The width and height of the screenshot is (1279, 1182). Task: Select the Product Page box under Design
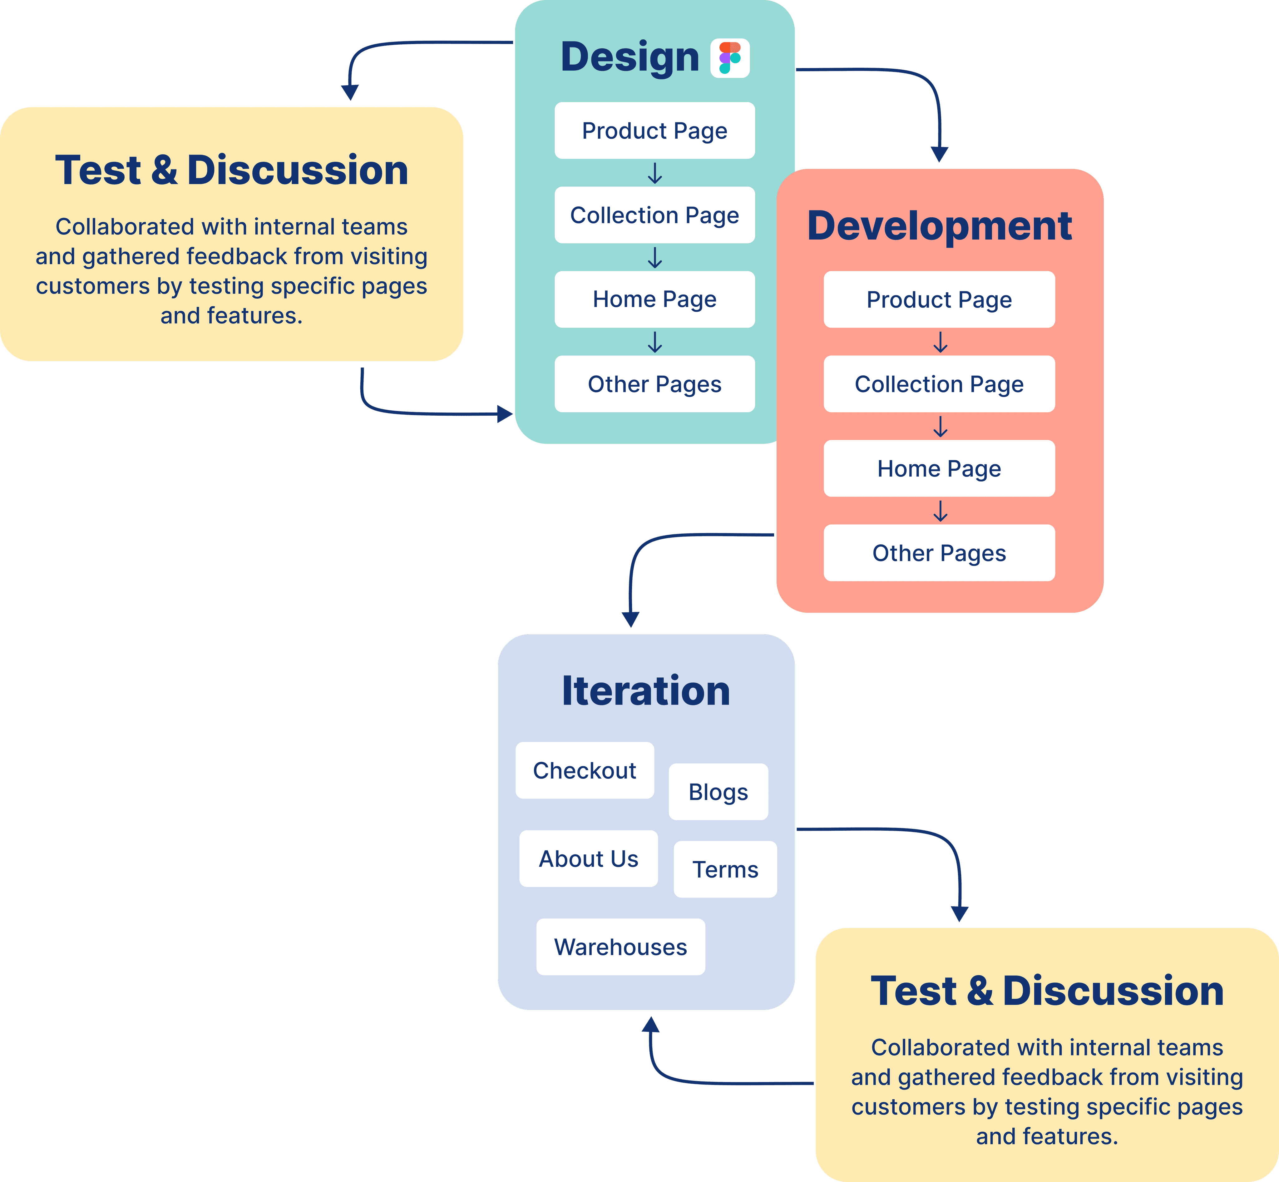(x=654, y=131)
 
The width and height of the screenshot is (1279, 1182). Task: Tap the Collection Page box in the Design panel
(x=654, y=215)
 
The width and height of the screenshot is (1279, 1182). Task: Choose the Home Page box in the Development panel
(x=939, y=468)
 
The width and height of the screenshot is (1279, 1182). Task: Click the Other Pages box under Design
(x=654, y=384)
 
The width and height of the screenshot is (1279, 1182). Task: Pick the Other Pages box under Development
(x=939, y=553)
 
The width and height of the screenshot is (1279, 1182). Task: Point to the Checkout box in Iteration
(x=585, y=770)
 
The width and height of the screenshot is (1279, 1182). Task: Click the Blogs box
(x=718, y=792)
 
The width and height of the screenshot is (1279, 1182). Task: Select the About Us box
(x=588, y=858)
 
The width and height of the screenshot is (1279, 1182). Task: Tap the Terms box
(x=725, y=869)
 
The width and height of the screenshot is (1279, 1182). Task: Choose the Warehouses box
(x=620, y=947)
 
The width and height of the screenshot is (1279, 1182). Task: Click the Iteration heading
(x=646, y=691)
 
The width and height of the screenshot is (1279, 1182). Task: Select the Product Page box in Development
(x=939, y=299)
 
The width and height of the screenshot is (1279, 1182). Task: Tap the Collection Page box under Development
(x=939, y=384)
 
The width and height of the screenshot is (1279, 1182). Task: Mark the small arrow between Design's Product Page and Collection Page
(x=654, y=173)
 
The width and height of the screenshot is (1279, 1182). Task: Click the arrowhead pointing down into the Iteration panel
(x=630, y=619)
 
